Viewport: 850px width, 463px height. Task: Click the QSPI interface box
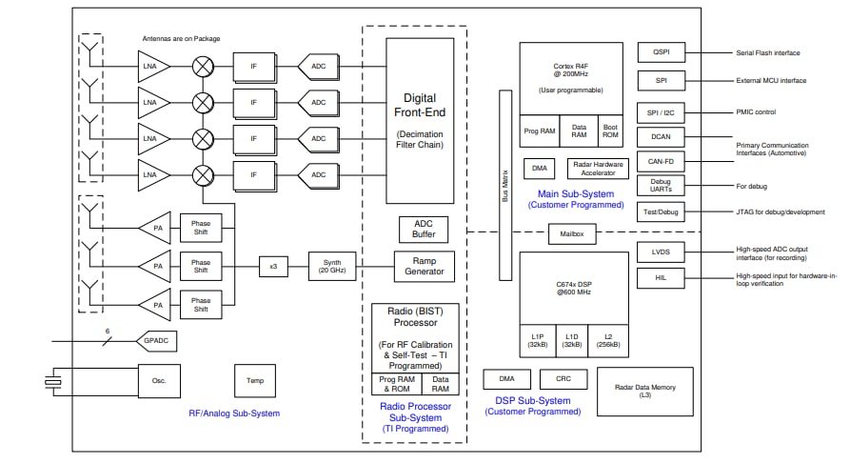(x=661, y=54)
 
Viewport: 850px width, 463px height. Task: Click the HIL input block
(x=661, y=277)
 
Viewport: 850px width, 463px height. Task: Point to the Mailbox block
(x=572, y=232)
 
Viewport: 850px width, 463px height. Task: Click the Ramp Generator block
(x=425, y=266)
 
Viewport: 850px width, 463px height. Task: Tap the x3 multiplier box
(x=272, y=267)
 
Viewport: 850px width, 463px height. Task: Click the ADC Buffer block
(x=424, y=230)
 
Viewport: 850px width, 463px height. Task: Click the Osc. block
(x=159, y=381)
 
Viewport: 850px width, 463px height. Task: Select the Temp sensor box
(x=255, y=381)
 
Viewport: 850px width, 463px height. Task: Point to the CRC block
(x=563, y=379)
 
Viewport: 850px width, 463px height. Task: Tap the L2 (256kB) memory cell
(x=606, y=338)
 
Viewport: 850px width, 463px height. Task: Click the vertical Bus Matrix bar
(x=504, y=186)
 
